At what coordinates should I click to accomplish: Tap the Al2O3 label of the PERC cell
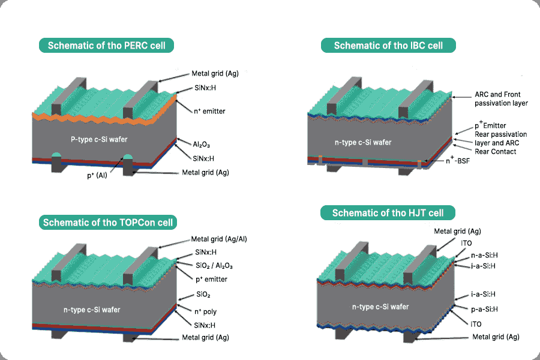pyautogui.click(x=201, y=145)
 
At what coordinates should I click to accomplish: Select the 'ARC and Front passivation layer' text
pyautogui.click(x=501, y=99)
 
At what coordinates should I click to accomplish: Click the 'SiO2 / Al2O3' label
pyautogui.click(x=214, y=265)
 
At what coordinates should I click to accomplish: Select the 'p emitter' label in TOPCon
pyautogui.click(x=211, y=279)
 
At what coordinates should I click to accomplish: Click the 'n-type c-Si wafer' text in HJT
pyautogui.click(x=380, y=307)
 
